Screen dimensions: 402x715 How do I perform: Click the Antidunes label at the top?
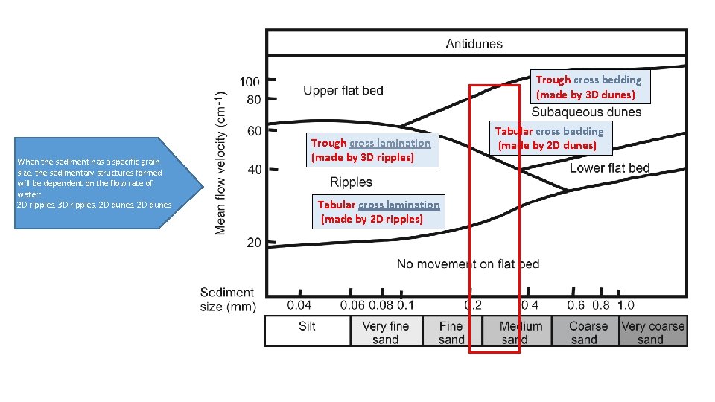(x=474, y=43)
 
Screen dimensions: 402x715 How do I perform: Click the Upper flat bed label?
(x=343, y=91)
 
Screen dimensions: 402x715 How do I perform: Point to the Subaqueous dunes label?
(x=586, y=112)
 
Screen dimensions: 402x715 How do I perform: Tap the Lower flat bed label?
(x=609, y=168)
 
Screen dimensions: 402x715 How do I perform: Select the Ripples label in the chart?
(x=351, y=182)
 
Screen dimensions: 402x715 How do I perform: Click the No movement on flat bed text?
(x=468, y=264)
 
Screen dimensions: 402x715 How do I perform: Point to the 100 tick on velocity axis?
(x=249, y=80)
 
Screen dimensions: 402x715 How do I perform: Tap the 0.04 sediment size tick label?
(x=300, y=305)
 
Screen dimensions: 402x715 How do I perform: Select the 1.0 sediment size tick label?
(x=626, y=305)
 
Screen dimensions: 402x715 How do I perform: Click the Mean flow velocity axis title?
(x=221, y=162)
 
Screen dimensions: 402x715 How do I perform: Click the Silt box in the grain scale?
(x=308, y=331)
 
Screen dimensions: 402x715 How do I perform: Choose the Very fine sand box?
(x=385, y=332)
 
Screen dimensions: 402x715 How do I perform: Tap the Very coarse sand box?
(x=652, y=332)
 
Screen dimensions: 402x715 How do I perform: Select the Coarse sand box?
(x=588, y=332)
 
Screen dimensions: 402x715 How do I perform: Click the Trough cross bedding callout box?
(x=588, y=87)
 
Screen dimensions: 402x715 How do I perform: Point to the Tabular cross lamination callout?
(x=378, y=211)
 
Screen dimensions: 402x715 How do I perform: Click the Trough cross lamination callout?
(x=370, y=150)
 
